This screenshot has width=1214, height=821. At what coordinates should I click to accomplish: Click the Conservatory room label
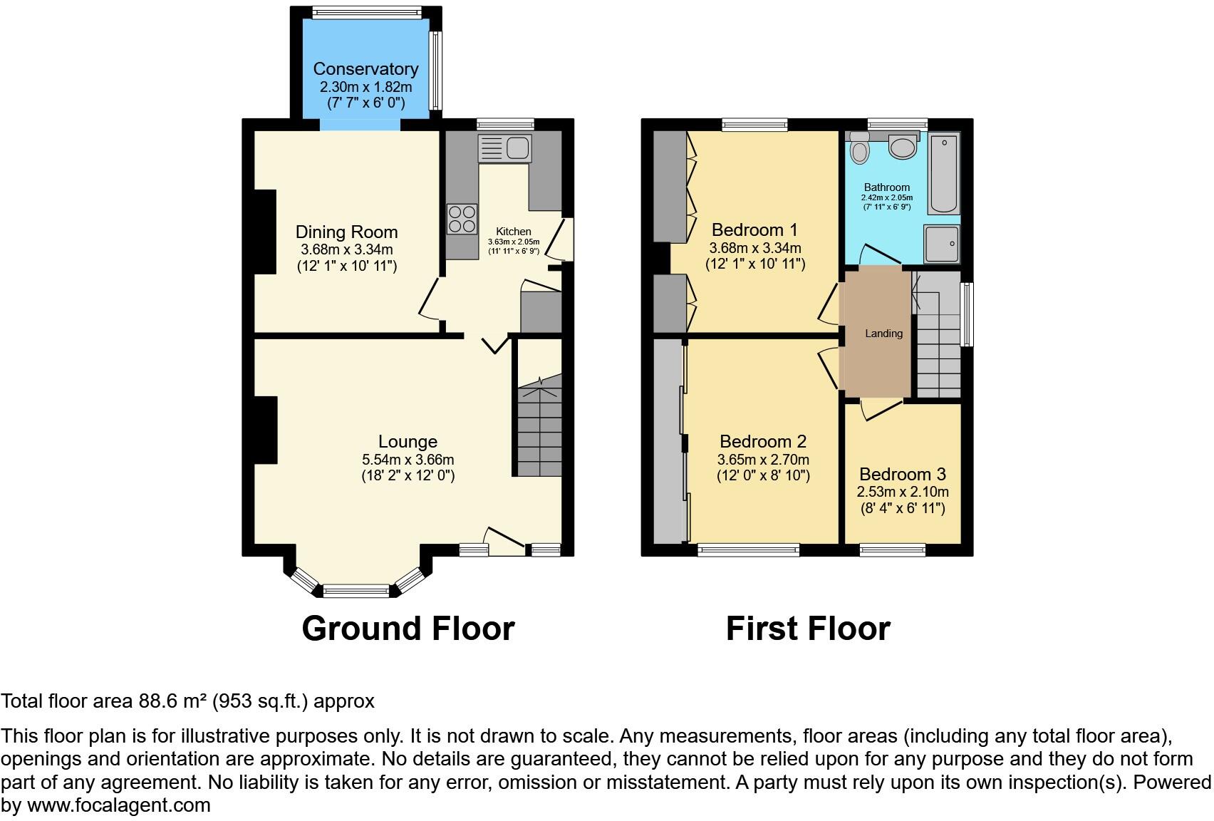(x=365, y=69)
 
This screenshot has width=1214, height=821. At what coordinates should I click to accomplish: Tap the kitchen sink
(x=505, y=148)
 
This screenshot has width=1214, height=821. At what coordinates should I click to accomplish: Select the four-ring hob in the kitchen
(x=462, y=218)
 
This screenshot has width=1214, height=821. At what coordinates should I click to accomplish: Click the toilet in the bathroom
(x=860, y=149)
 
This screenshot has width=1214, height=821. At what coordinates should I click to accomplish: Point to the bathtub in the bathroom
(x=944, y=173)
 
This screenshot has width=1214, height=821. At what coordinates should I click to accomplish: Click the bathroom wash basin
(x=903, y=148)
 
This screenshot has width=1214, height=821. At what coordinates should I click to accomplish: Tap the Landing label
(x=883, y=334)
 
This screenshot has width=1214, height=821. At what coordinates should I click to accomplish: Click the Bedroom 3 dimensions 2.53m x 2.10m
(x=902, y=492)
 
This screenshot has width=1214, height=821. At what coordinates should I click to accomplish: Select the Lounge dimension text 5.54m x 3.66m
(x=408, y=460)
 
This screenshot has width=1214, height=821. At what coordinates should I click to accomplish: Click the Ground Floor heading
(x=408, y=629)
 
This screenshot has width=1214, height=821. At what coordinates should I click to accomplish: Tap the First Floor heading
(x=808, y=629)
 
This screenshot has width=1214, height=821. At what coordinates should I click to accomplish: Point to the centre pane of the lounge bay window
(x=356, y=590)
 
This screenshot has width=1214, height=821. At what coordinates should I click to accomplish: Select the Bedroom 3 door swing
(x=881, y=409)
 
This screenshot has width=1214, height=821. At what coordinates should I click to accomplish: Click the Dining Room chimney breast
(x=265, y=232)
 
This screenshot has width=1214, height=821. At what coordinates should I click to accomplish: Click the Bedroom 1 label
(x=754, y=230)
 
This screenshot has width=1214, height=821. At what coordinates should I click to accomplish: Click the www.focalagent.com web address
(x=118, y=806)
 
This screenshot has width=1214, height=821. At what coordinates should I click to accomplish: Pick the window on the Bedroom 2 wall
(x=748, y=549)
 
